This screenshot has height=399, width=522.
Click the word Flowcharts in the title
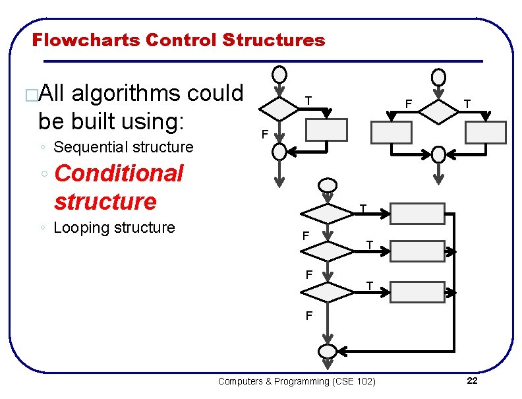coord(86,40)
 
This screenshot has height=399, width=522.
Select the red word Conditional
coord(119,173)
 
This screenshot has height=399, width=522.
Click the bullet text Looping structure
coord(114,228)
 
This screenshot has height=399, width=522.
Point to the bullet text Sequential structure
coord(123,147)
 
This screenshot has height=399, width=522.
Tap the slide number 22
coord(472,381)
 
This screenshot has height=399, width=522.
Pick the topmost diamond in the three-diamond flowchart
coord(328,214)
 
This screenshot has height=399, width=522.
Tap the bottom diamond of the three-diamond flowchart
coord(328,291)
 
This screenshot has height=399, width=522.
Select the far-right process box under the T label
coord(485,133)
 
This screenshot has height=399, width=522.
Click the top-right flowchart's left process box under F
coord(391,133)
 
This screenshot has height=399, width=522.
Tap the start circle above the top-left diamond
coord(280,74)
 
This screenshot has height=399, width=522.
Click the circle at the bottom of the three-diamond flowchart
coord(328,351)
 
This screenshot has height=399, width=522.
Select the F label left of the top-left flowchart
coord(264,135)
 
